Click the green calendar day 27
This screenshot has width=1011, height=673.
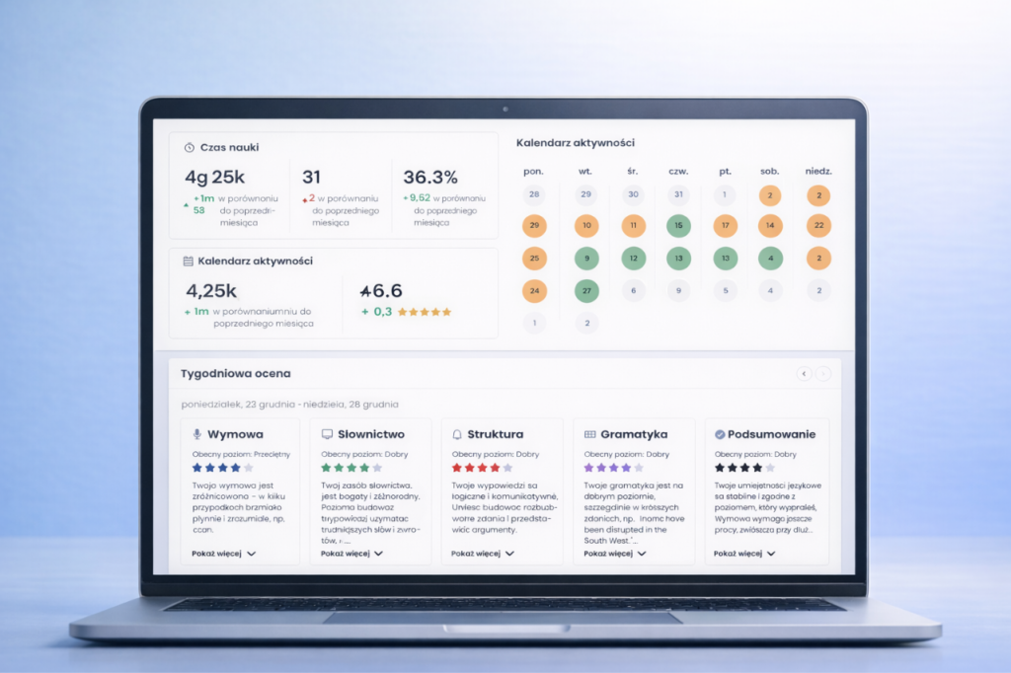point(585,291)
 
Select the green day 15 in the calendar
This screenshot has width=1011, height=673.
point(678,226)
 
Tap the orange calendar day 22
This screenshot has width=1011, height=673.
point(817,226)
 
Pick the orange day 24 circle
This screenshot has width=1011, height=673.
point(534,291)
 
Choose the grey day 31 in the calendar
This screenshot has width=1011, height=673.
point(677,194)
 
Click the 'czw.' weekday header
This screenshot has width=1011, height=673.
point(678,171)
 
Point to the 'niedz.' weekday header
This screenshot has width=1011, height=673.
point(817,171)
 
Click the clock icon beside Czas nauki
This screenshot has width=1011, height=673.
point(189,147)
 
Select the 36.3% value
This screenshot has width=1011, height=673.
point(430,178)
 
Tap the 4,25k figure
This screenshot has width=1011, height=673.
point(211,291)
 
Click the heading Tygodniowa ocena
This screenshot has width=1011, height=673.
point(236,374)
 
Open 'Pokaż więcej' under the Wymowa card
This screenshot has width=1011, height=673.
point(224,554)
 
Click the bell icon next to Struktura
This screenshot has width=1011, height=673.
point(457,434)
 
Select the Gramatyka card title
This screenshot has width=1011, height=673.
point(634,434)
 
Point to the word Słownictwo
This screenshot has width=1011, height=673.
point(371,434)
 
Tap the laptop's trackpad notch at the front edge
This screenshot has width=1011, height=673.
point(505,629)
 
